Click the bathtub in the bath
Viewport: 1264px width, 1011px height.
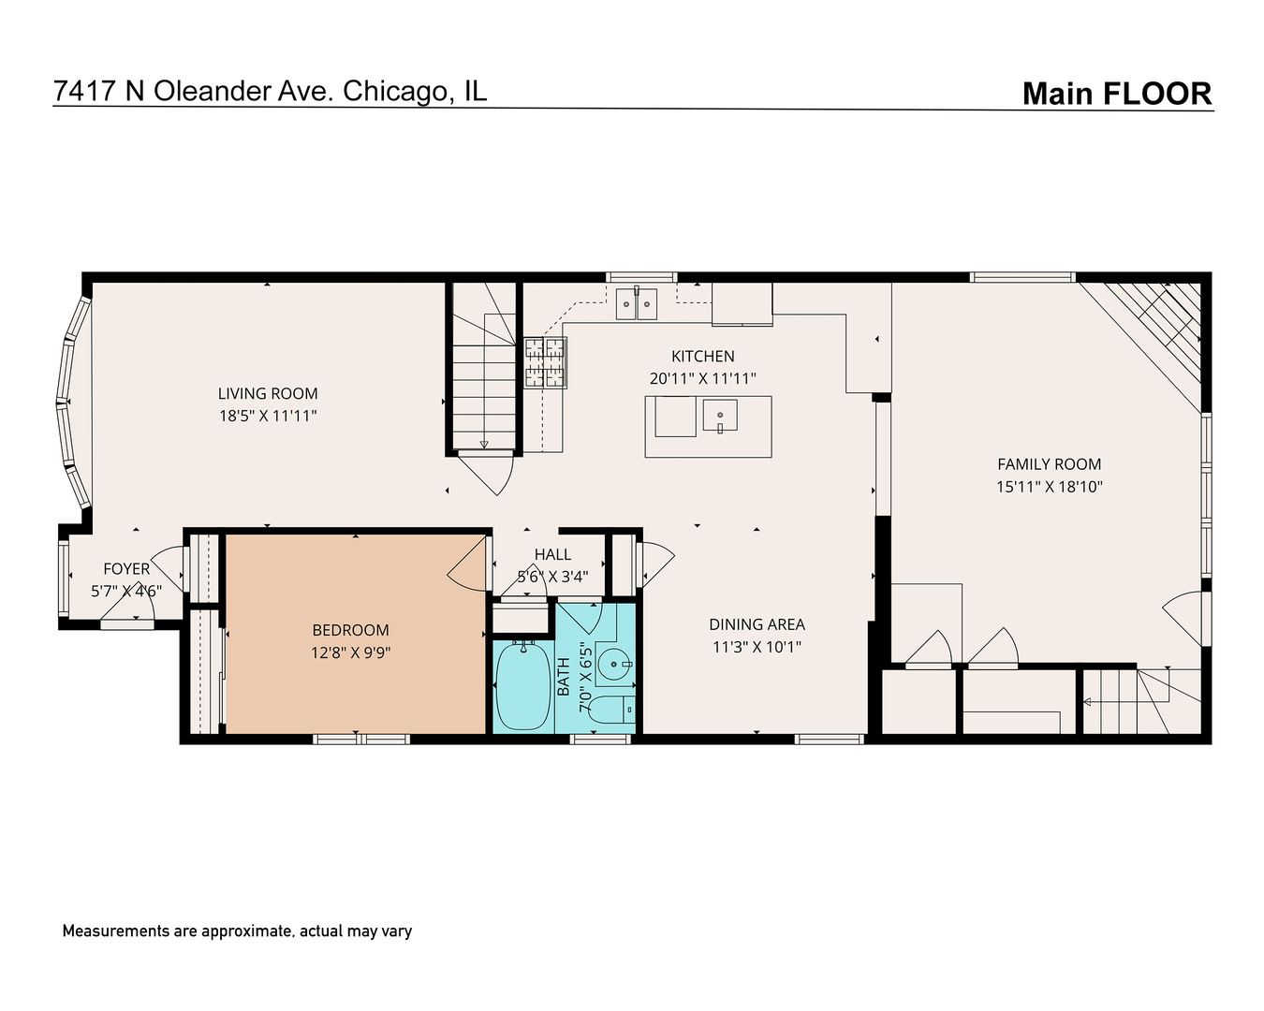click(522, 685)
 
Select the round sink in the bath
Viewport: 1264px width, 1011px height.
click(615, 666)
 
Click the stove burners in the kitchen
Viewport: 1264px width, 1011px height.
click(545, 362)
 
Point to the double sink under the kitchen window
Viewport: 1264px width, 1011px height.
click(637, 304)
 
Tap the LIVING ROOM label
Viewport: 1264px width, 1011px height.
click(268, 394)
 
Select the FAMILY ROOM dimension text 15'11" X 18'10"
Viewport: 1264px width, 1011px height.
click(1049, 487)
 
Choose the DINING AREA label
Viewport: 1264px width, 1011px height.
click(757, 624)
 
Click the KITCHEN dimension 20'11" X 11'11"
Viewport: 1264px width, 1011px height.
click(702, 378)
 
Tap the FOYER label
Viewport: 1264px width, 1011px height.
click(126, 569)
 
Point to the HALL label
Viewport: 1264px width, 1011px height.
click(552, 555)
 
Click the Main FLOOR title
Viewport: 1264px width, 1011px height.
click(1116, 94)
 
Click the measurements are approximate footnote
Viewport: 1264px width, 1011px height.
click(237, 930)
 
